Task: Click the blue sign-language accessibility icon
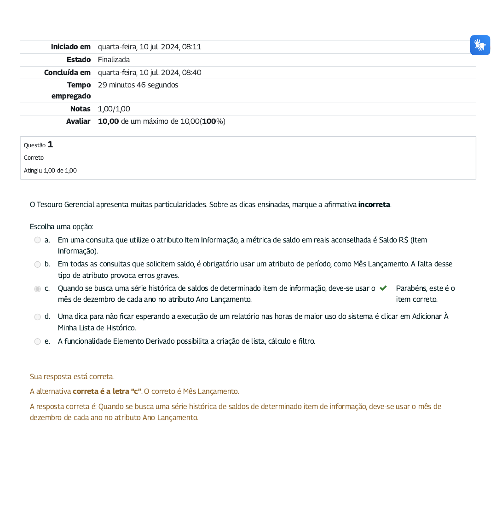click(480, 45)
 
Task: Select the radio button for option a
click(38, 240)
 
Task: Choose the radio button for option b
click(38, 265)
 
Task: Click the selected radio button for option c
click(38, 289)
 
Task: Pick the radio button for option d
click(38, 317)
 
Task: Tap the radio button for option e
click(38, 341)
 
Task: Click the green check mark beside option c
click(383, 288)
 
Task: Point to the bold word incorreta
click(374, 204)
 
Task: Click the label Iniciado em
click(71, 47)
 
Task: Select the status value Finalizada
click(114, 60)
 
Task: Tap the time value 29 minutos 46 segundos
click(138, 85)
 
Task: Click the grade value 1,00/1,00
click(114, 109)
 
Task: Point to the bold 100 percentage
click(209, 121)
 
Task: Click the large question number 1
click(50, 144)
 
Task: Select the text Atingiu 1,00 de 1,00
click(50, 171)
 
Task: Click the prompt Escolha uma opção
click(62, 227)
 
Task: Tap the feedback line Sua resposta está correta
click(72, 377)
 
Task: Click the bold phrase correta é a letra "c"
click(107, 392)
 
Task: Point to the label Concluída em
click(67, 73)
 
